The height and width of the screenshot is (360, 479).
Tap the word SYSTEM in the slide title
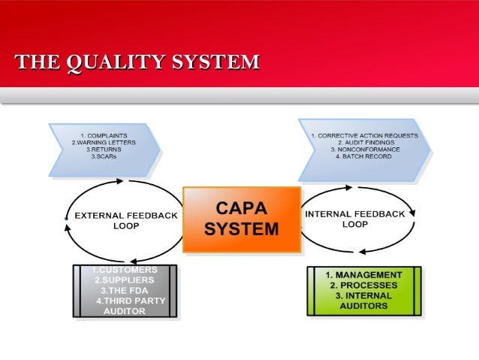tap(215, 62)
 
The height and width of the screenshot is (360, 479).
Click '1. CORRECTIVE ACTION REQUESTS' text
tap(364, 135)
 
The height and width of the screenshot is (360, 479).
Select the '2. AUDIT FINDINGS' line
tap(364, 142)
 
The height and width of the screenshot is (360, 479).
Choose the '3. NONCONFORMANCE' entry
tap(364, 150)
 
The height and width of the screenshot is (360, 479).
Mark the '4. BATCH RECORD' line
tap(364, 156)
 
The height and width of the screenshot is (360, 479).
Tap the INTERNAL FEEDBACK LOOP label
tap(354, 219)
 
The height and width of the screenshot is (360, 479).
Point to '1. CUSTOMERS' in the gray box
tap(125, 270)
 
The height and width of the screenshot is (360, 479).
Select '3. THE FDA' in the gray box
tap(125, 291)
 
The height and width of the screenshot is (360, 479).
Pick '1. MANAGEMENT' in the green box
tap(363, 275)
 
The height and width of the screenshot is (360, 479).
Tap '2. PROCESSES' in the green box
tap(363, 286)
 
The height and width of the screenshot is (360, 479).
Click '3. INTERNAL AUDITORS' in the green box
tap(363, 301)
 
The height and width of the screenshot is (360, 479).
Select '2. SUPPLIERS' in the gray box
tap(125, 280)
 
